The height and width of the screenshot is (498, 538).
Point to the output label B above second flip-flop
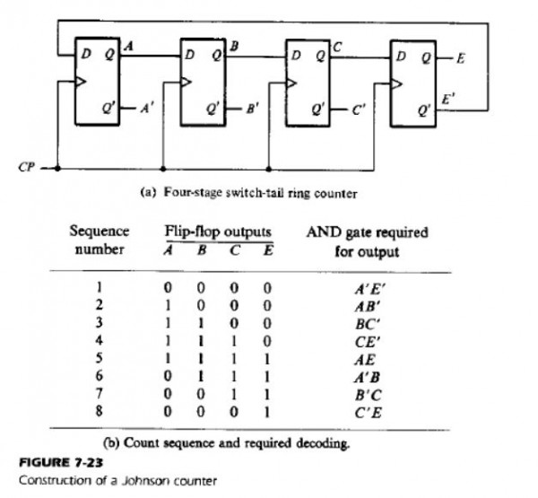(234, 45)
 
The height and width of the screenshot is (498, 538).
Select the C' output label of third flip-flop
(359, 111)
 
